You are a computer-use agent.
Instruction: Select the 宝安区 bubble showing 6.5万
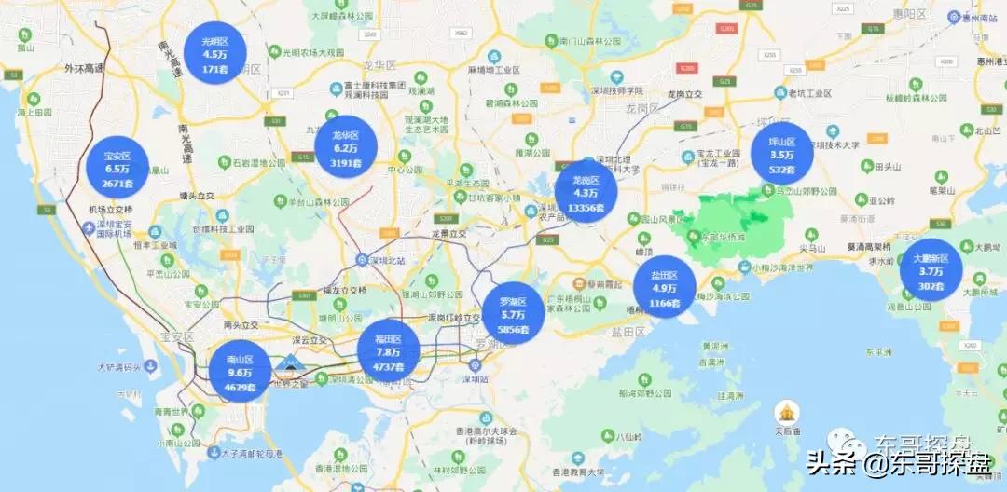point(117,170)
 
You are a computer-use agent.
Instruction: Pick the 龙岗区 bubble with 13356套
point(586,192)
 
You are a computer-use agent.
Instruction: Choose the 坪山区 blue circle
point(781,155)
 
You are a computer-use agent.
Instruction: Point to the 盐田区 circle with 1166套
point(665,288)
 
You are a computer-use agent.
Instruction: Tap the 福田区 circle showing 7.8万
point(388,351)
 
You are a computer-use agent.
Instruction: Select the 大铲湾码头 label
point(119,367)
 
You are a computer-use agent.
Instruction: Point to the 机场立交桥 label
point(111,210)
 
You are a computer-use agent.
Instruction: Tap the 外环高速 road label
point(87,68)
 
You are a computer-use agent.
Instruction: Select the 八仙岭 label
point(634,435)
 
